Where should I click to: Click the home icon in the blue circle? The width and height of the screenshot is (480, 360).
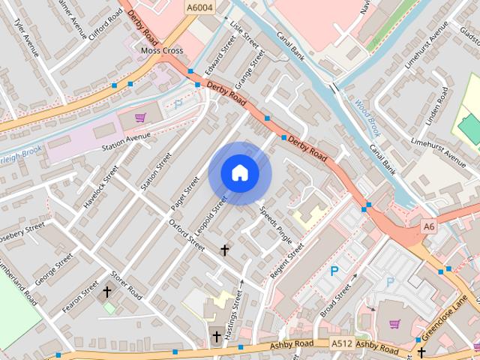coord(239,172)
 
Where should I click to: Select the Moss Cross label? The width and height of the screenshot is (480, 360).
coord(162,50)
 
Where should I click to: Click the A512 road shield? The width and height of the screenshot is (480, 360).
coord(341,343)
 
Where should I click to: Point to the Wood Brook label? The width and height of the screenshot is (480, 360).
coord(368,118)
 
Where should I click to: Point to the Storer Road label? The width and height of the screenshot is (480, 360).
coord(126,286)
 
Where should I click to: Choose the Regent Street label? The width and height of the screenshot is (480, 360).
coord(287,259)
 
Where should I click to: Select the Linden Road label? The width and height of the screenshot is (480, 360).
coord(437,105)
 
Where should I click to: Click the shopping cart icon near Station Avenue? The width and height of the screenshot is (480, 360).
coord(140,117)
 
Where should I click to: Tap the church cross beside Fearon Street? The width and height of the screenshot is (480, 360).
coord(107,291)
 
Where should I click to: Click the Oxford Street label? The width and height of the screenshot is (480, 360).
coord(186,235)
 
